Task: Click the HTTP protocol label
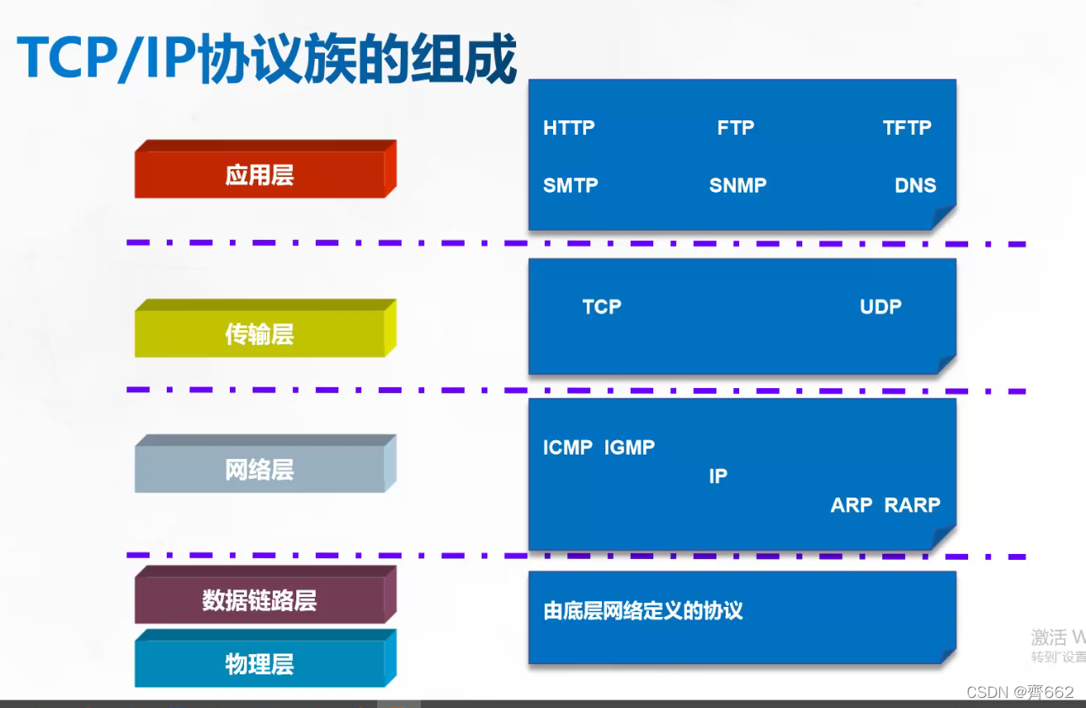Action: tap(569, 128)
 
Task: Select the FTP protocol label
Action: tap(736, 128)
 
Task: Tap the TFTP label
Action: tap(907, 128)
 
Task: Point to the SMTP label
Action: tap(571, 185)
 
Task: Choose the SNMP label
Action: tap(737, 185)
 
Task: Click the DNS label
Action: tap(915, 185)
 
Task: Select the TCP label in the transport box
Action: tap(602, 307)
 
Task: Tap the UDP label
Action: tap(881, 307)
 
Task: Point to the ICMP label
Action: tap(568, 448)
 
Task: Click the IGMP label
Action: tap(630, 448)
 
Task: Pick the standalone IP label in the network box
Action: tap(718, 476)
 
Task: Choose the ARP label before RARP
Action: tap(852, 505)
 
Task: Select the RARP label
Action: tap(913, 505)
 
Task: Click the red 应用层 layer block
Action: tap(259, 175)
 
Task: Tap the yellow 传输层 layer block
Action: tap(259, 334)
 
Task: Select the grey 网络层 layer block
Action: tap(259, 469)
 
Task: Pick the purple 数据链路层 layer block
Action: tap(259, 600)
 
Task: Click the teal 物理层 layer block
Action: tap(259, 664)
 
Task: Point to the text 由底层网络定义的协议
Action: tap(643, 610)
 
